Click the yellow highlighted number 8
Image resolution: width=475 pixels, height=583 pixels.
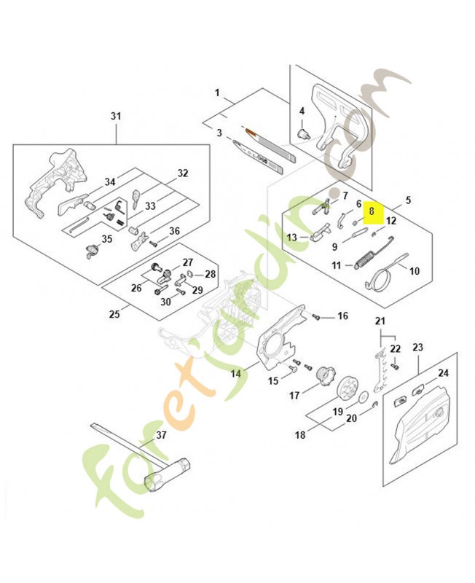pyautogui.click(x=372, y=211)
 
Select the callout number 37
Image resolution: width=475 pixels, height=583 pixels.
pyautogui.click(x=161, y=435)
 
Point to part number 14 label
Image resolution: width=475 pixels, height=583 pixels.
pyautogui.click(x=236, y=373)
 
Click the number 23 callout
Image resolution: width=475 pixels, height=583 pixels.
pyautogui.click(x=417, y=348)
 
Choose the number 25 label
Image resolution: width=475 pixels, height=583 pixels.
pyautogui.click(x=114, y=315)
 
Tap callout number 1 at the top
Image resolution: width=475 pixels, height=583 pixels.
pyautogui.click(x=216, y=93)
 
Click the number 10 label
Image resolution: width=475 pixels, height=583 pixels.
pyautogui.click(x=415, y=271)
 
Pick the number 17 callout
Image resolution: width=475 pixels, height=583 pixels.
pyautogui.click(x=294, y=396)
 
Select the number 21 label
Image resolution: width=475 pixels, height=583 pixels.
pyautogui.click(x=380, y=321)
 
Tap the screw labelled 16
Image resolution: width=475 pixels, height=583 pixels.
pyautogui.click(x=318, y=316)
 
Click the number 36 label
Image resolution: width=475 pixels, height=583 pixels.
pyautogui.click(x=174, y=232)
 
